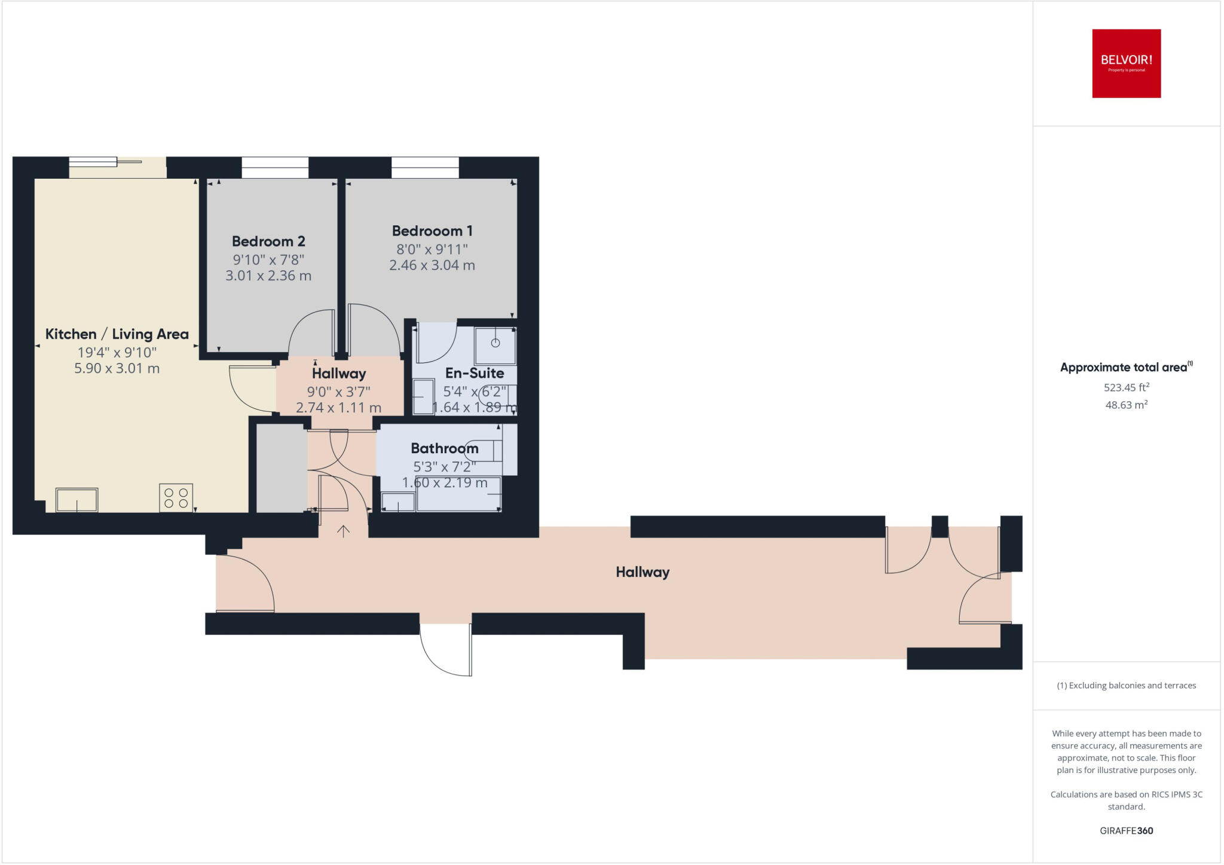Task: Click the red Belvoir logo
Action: click(x=1126, y=63)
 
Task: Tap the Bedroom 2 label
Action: click(x=268, y=242)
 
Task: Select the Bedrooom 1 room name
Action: click(x=432, y=231)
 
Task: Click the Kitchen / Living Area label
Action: click(x=117, y=334)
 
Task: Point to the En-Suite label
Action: click(x=475, y=373)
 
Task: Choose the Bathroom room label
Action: click(x=445, y=448)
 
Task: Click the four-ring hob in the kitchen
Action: click(x=176, y=497)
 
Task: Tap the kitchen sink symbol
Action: click(x=77, y=500)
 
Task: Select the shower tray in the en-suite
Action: click(x=495, y=345)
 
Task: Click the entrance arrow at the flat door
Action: click(x=343, y=531)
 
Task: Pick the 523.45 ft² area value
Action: click(x=1126, y=387)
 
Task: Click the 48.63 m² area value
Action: click(x=1126, y=405)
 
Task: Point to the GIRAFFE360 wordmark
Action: click(x=1126, y=830)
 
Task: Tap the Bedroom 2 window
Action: click(x=275, y=167)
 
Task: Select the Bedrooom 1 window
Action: click(x=425, y=167)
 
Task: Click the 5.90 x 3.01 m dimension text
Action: click(x=117, y=368)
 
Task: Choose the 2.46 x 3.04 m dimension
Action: click(x=432, y=265)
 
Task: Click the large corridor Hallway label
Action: click(x=642, y=572)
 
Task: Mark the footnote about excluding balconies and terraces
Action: click(x=1126, y=686)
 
